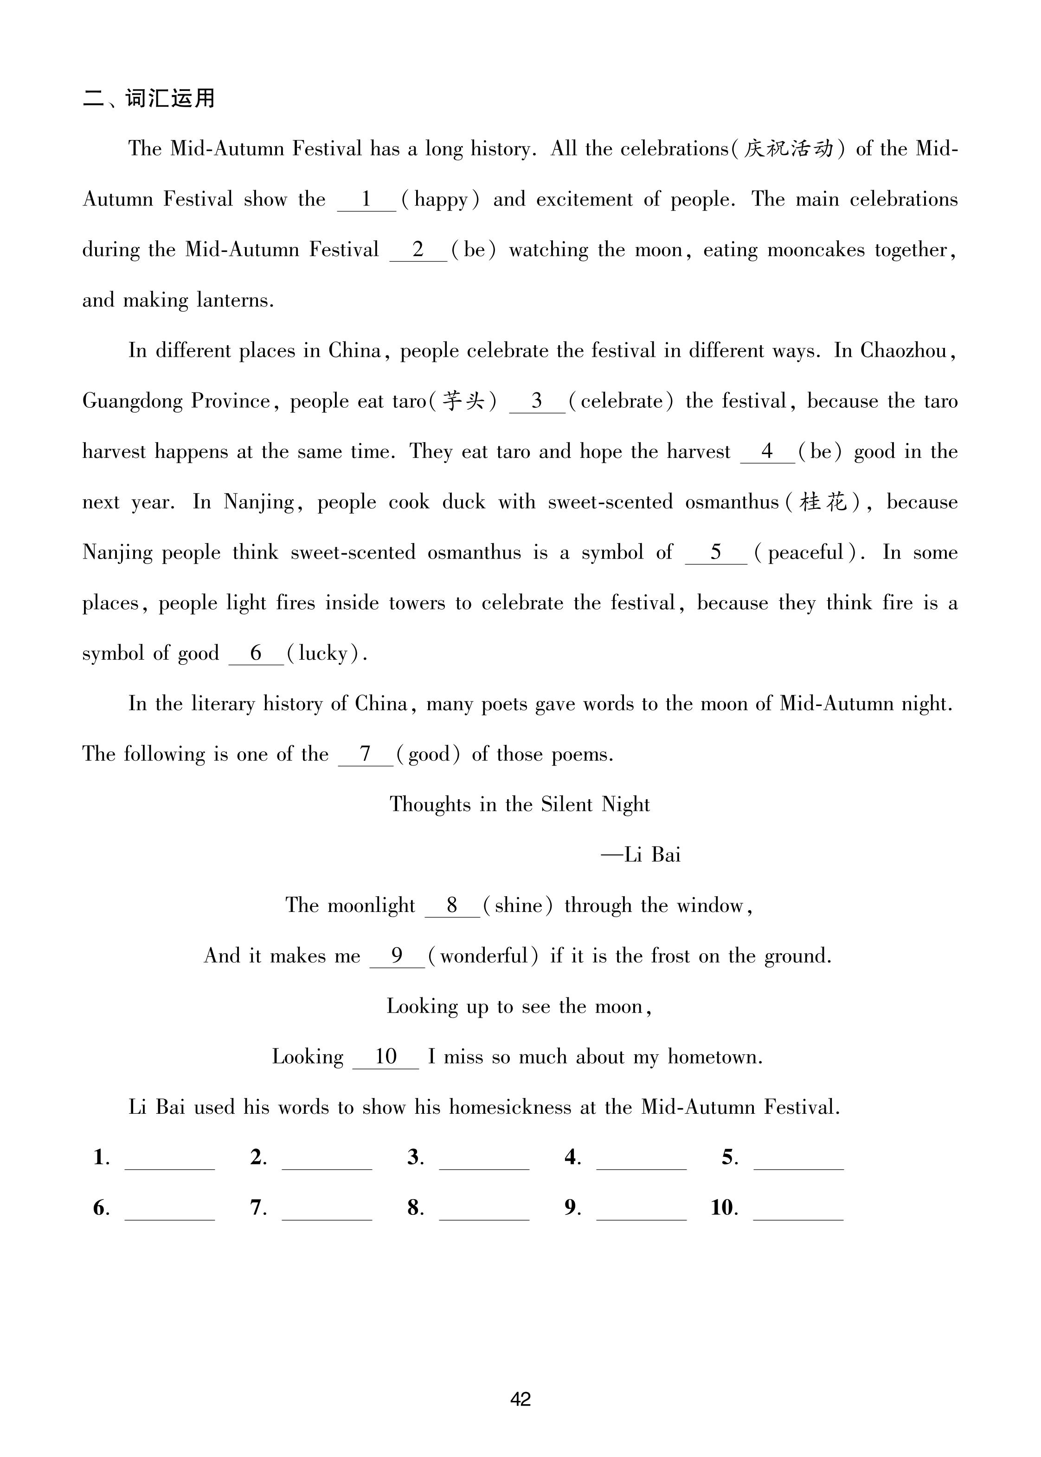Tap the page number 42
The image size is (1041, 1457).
pos(520,1399)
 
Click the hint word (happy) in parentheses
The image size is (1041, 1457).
pos(440,199)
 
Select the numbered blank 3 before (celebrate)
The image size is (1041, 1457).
pos(537,401)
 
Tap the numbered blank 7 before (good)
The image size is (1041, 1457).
pos(366,754)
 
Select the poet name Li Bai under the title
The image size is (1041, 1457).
pos(653,855)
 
